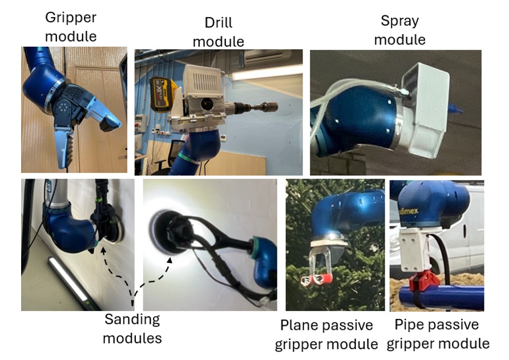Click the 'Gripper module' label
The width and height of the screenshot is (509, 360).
(71, 26)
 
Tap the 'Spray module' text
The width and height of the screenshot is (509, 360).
(400, 31)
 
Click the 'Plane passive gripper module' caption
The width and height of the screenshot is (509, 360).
(326, 334)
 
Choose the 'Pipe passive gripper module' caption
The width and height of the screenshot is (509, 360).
(442, 334)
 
